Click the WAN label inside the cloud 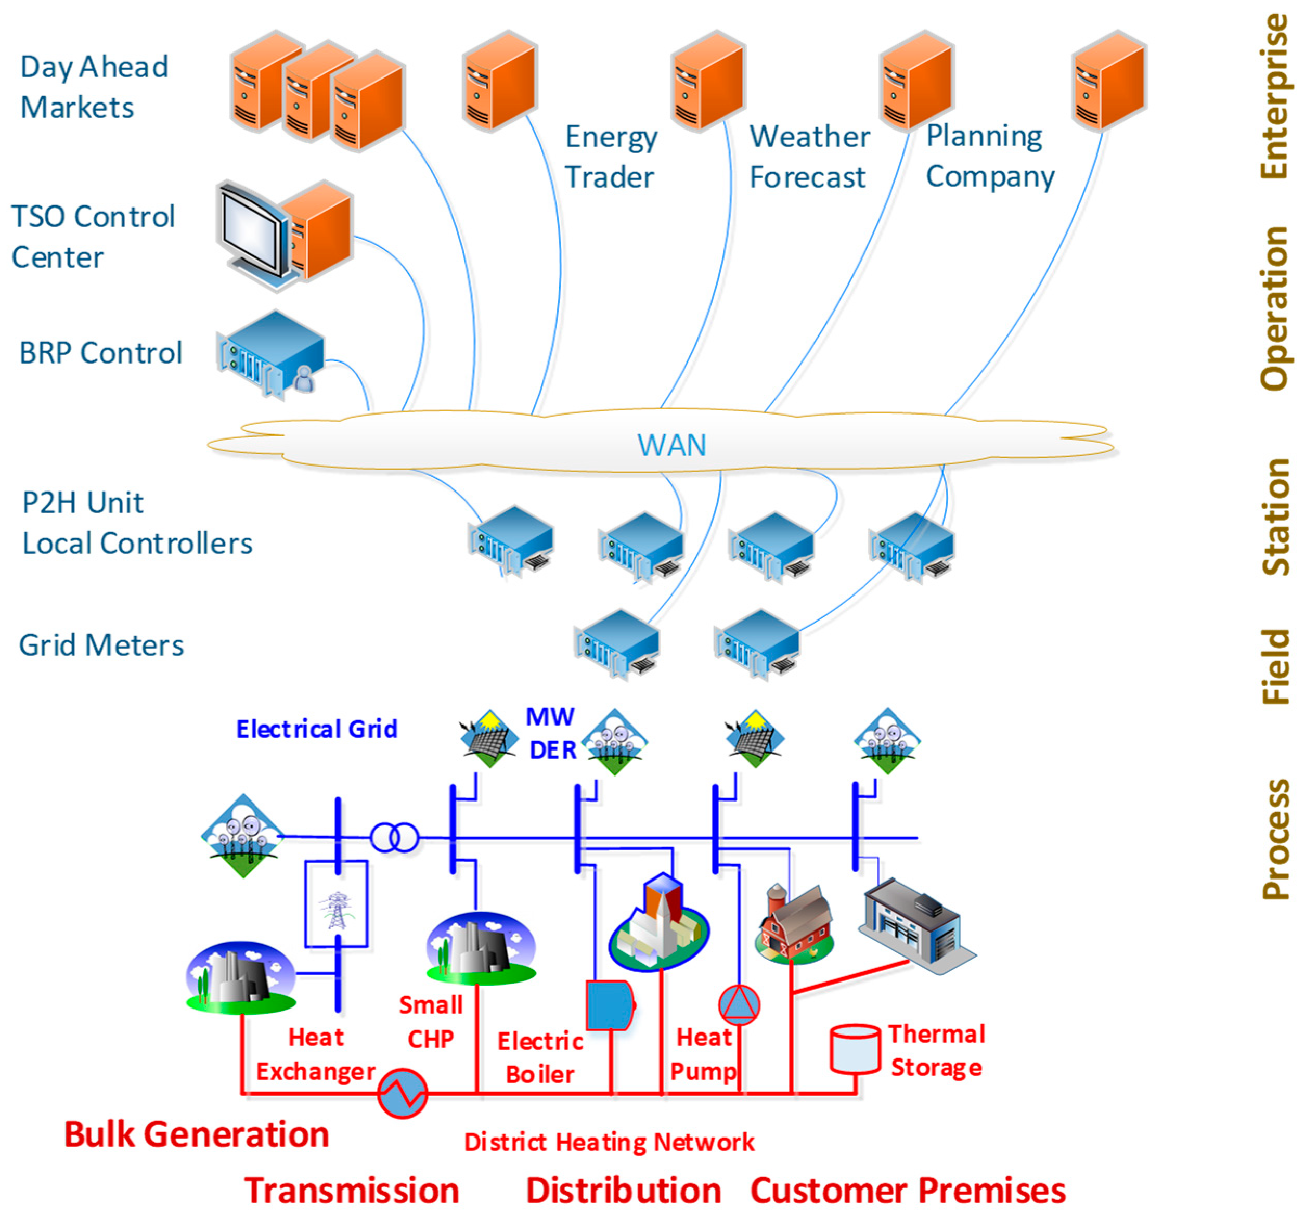coord(671,445)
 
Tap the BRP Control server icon coord(270,354)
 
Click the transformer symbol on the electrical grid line coord(395,837)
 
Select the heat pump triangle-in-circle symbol coord(739,1005)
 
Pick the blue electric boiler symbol coord(610,1005)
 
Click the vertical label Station coord(1275,516)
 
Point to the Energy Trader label coord(611,157)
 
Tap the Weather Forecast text coord(809,157)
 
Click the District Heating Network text coord(609,1143)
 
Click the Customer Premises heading coord(908,1191)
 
